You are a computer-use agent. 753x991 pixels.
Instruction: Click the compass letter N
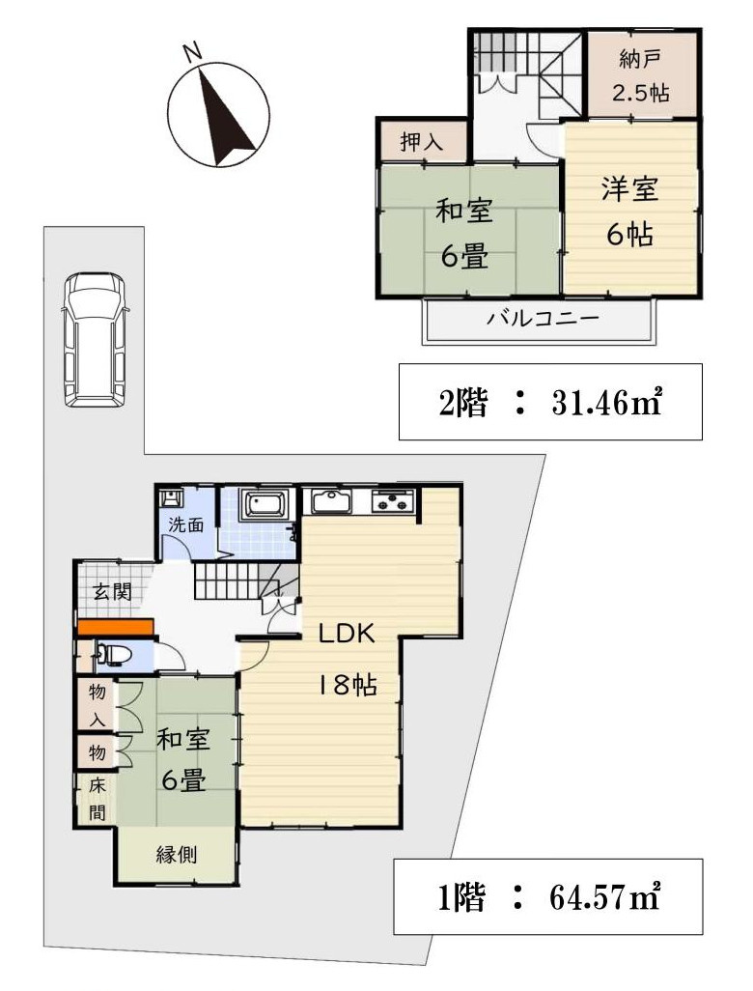[x=192, y=52]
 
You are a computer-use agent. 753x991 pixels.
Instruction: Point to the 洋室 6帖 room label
[x=630, y=211]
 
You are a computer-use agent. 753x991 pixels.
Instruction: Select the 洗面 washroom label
[x=186, y=526]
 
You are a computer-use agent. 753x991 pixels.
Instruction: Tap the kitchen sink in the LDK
[x=331, y=501]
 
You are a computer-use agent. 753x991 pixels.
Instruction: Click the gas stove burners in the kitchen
[x=392, y=501]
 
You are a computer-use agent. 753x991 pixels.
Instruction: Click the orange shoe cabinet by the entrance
[x=114, y=627]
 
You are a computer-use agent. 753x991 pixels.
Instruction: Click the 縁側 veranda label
[x=177, y=854]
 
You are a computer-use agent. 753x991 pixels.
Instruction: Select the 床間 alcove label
[x=97, y=798]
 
